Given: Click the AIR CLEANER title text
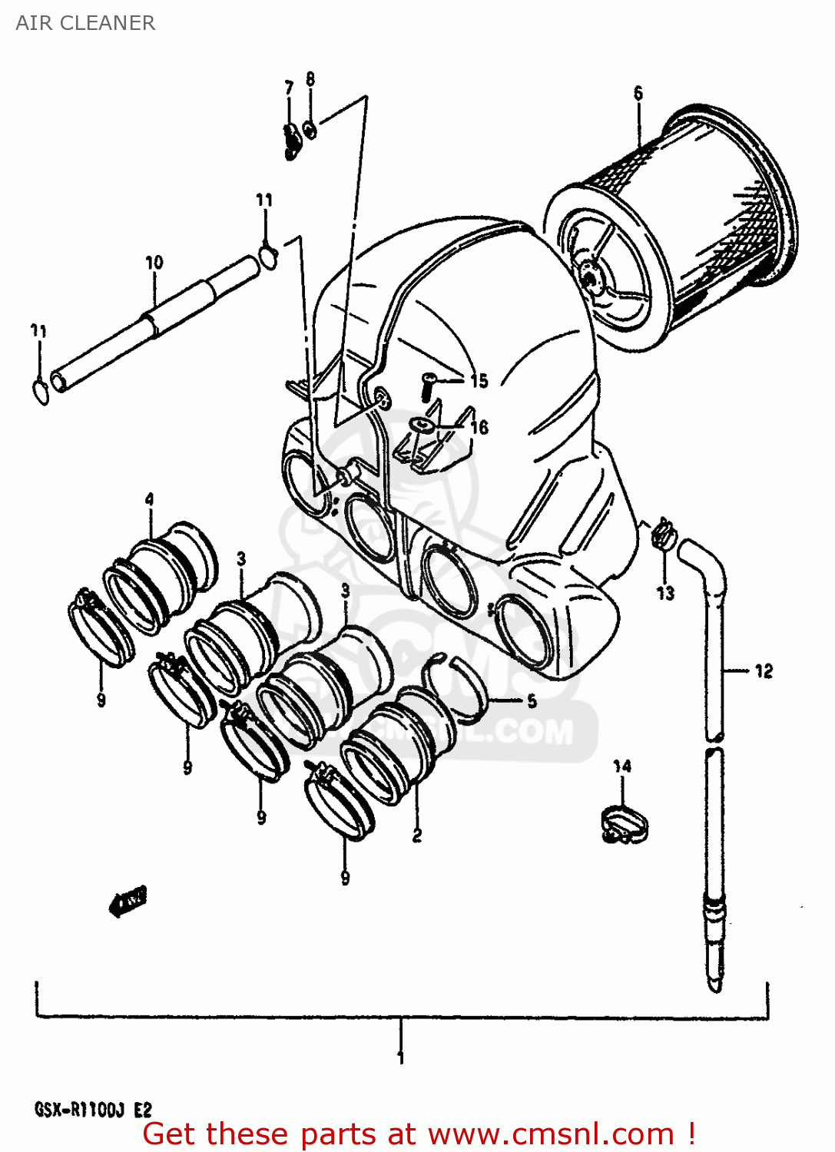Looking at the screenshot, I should click(85, 23).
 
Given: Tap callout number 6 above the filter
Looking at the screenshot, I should click(638, 93).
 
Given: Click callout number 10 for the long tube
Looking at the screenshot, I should click(154, 263).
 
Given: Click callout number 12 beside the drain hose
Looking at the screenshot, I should click(763, 671).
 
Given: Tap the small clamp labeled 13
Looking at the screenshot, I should click(663, 535).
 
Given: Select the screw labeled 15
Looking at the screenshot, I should click(427, 385).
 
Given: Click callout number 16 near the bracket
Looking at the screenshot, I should click(479, 427).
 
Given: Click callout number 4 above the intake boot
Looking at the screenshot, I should click(149, 499).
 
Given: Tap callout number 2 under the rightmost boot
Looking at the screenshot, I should click(416, 835).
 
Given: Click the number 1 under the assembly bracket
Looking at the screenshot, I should click(400, 1058).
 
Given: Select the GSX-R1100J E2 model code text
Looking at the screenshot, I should click(93, 1110).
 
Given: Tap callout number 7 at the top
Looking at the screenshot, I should click(289, 88).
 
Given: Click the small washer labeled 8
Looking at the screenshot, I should click(310, 130).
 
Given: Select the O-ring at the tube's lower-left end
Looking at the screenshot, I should click(41, 391).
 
